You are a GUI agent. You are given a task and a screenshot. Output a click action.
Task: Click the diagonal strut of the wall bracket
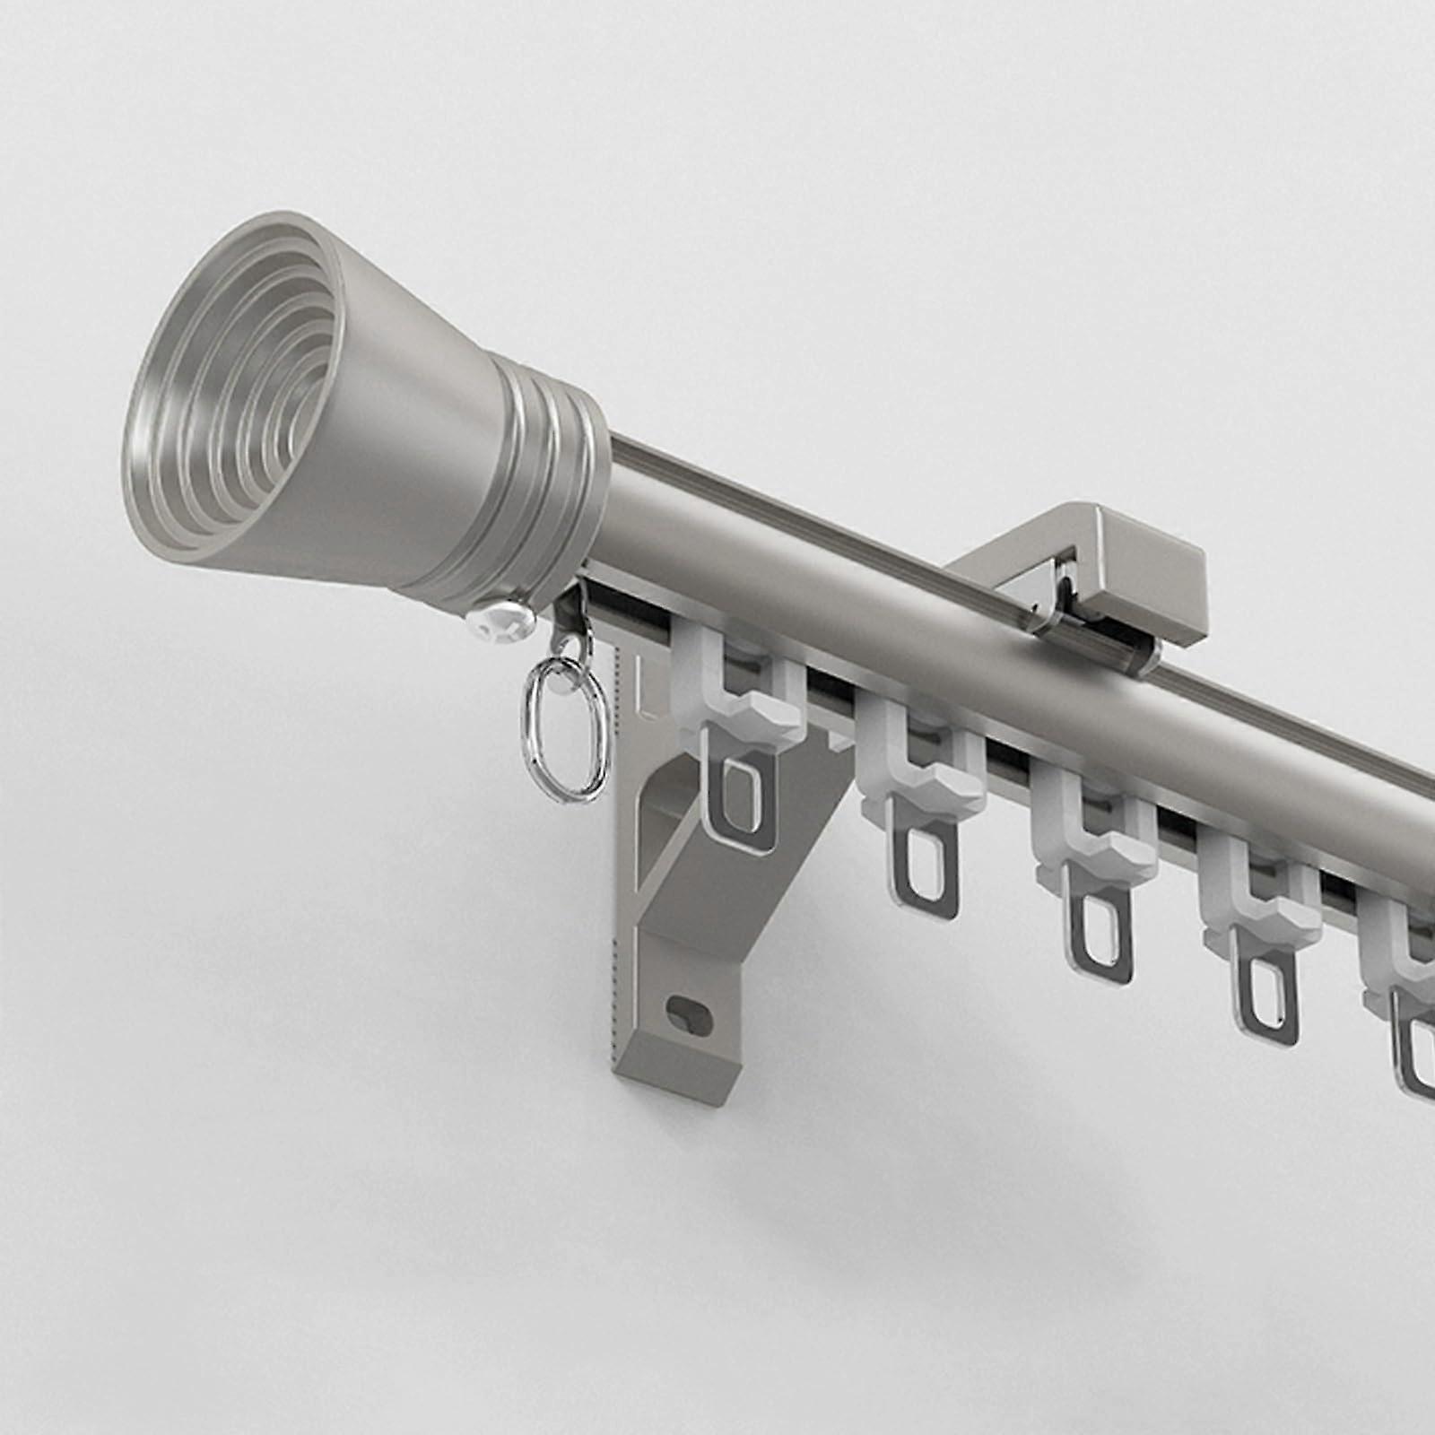(x=717, y=861)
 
